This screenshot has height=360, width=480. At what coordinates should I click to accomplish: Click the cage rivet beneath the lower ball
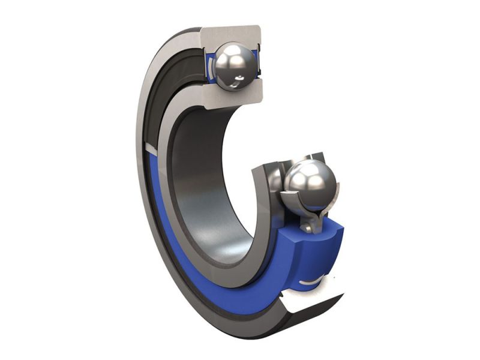[x=307, y=227]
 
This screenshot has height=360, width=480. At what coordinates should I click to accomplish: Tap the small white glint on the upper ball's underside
[x=240, y=79]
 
